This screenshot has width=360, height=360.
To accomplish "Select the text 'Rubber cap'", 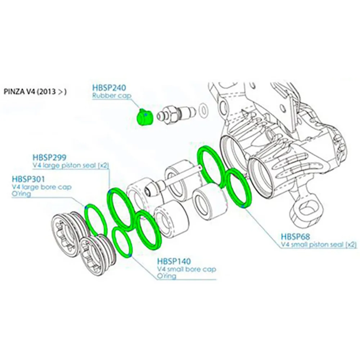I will [112, 96].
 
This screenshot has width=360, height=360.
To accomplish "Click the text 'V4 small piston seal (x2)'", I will [319, 245].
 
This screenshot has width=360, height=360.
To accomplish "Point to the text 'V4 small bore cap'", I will [186, 269].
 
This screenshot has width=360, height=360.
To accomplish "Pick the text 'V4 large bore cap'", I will [42, 187].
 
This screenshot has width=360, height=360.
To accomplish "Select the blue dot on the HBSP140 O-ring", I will [130, 255].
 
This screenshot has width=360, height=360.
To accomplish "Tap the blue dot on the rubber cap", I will [145, 114].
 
